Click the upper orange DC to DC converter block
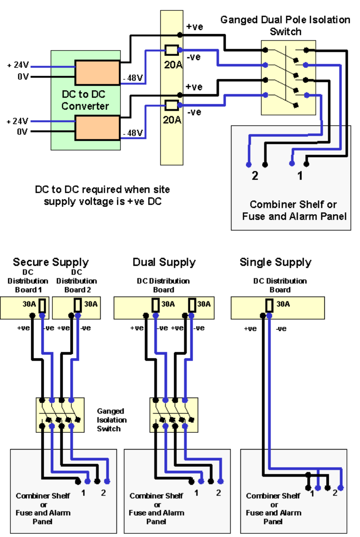pos(97,73)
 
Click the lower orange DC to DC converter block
pos(97,128)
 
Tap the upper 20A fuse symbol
pos(171,50)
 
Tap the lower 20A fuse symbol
pos(171,105)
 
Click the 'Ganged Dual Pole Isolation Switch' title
pos(285,26)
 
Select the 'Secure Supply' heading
pos(51,262)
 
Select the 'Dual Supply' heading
pos(164,262)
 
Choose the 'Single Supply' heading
pos(275,262)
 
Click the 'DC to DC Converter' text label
pos(85,100)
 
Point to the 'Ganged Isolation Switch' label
pos(111,420)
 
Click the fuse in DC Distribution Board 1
pos(42,306)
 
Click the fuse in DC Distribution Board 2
pos(78,306)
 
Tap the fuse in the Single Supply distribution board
pos(270,306)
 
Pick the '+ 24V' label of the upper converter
pos(18,65)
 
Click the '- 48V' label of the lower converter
pos(133,133)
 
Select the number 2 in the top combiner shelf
pos(255,176)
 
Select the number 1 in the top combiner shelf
pos(300,176)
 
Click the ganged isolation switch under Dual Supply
pos(174,415)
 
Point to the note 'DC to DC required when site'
pos(102,189)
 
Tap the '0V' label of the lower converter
pos(23,132)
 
